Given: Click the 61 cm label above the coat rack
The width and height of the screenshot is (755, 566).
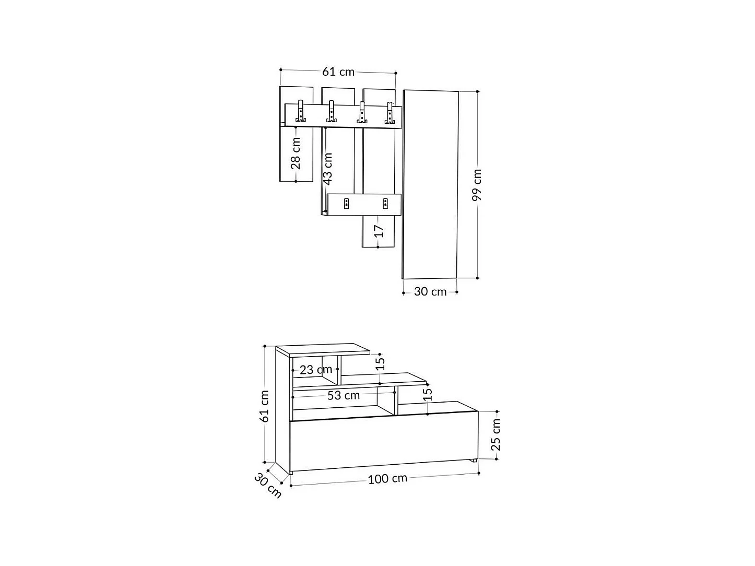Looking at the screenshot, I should coord(338,72).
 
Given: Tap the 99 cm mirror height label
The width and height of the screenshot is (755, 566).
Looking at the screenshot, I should coord(477,184).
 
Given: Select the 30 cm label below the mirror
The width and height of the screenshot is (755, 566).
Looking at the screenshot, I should coord(430,292).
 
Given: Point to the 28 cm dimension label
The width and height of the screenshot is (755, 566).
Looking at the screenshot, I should coord(296,154).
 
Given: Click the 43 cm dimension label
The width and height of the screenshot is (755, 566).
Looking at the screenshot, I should coord(327,169).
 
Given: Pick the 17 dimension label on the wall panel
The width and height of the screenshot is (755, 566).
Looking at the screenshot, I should coord(380,230).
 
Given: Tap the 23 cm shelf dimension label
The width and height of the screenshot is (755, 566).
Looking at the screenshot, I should coord(316,370).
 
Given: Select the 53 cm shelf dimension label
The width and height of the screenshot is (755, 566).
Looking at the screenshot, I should coord(344,395).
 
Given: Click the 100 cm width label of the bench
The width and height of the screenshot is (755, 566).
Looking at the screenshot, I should coord(387,478).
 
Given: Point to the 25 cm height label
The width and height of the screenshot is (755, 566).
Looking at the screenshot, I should coord(496,434).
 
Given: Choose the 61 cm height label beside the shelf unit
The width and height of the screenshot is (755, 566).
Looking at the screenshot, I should coord(265,406).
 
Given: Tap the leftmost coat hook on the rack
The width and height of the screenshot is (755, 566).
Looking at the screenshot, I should coord(300,111).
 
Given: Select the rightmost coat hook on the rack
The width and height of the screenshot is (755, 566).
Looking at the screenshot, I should coord(389,112).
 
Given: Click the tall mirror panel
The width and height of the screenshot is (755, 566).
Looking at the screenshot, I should coord(431,184).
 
